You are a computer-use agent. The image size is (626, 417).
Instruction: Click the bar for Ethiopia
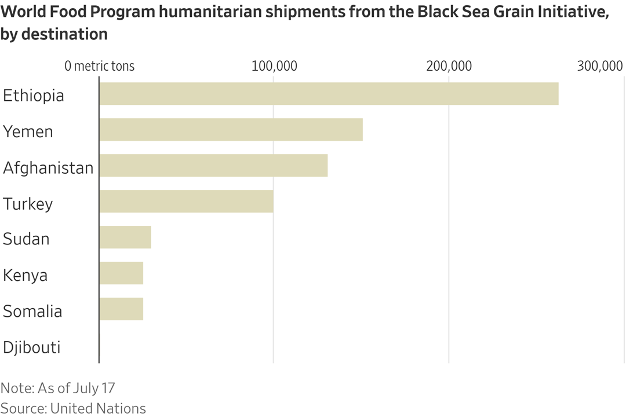click(329, 94)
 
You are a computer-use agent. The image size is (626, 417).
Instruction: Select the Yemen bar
click(231, 130)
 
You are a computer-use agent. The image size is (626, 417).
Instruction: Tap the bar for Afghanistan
click(213, 166)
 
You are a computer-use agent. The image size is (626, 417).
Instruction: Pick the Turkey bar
click(186, 202)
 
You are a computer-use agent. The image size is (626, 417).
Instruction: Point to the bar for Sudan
click(125, 237)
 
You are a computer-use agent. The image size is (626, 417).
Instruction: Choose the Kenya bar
click(121, 273)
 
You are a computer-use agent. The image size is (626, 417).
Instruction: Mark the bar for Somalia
click(121, 309)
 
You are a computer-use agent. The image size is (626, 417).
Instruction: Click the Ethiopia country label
click(34, 96)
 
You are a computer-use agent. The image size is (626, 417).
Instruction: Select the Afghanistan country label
click(48, 168)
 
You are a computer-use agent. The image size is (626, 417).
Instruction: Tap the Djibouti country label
click(32, 348)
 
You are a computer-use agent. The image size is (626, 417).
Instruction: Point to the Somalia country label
click(32, 312)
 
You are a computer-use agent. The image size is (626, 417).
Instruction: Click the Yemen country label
click(28, 132)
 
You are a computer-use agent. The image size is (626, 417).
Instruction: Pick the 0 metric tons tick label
click(99, 66)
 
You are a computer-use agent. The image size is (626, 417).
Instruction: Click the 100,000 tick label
click(274, 66)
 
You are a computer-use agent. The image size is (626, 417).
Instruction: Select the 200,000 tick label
click(449, 66)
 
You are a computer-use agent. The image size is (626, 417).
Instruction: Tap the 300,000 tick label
click(600, 66)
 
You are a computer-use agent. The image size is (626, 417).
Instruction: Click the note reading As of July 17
click(57, 387)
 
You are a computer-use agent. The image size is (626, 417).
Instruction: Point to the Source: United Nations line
click(73, 408)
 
